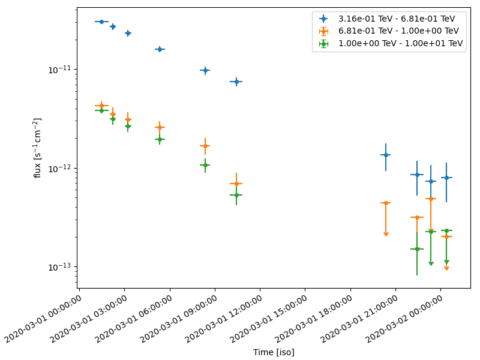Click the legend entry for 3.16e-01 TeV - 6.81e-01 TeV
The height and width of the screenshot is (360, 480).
(397, 19)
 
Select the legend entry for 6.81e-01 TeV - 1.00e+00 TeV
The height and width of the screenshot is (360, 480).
(397, 31)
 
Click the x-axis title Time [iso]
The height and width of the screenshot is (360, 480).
(274, 352)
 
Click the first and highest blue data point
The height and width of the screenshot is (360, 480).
(101, 22)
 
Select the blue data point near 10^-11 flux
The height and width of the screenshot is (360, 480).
(205, 70)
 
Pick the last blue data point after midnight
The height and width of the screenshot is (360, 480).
(446, 178)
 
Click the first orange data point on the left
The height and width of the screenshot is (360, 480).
(101, 106)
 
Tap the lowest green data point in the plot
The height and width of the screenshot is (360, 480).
(417, 249)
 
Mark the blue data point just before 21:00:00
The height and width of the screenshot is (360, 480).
(386, 155)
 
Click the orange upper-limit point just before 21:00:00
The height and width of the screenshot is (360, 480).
(386, 203)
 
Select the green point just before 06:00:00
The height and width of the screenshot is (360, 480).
(160, 139)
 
